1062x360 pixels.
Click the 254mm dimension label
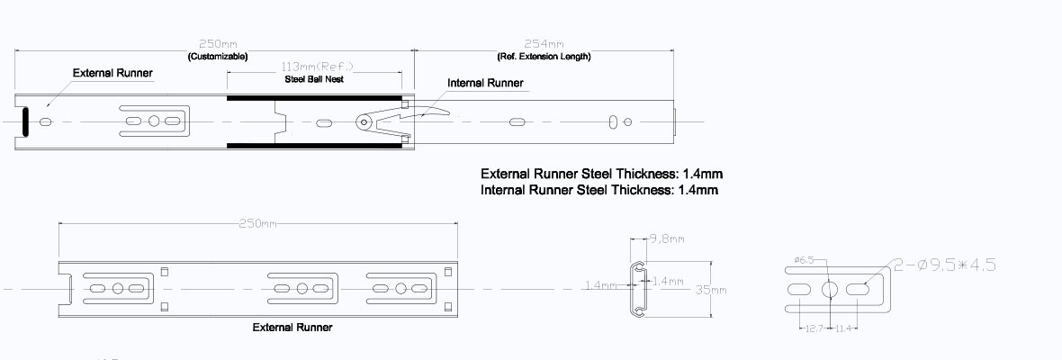point(544,44)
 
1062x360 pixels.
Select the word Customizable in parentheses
point(217,56)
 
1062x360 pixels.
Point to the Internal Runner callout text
point(485,83)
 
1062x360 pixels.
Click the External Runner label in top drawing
point(112,73)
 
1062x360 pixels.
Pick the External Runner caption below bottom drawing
point(292,328)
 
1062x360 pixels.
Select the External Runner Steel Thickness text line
point(601,173)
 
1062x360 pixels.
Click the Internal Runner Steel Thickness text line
point(599,190)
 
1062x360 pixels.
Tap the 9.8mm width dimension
point(667,239)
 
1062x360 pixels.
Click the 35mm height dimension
point(710,290)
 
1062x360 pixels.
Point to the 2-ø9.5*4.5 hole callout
point(944,265)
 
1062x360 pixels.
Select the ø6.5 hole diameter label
point(805,261)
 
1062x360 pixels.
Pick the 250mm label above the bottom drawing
point(257,223)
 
